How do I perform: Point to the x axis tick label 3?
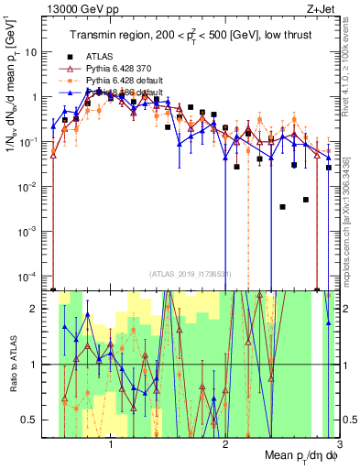pos(338,445)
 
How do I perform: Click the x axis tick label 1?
pos(111,445)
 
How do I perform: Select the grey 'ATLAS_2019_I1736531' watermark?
pos(190,275)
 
